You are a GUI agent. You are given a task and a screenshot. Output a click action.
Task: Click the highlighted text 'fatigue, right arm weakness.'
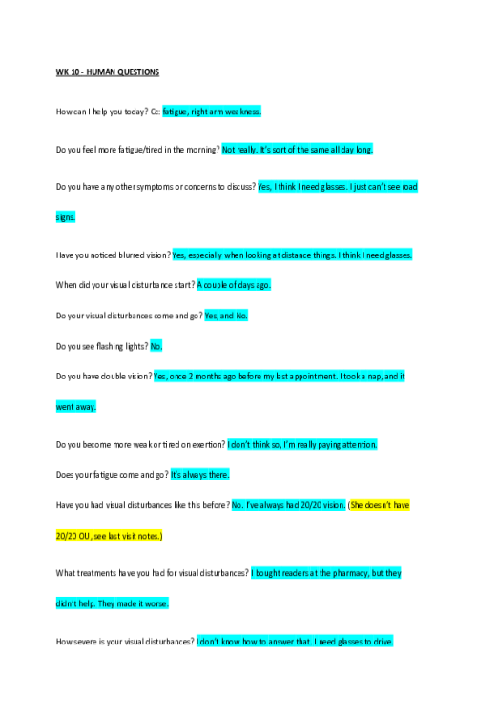click(211, 112)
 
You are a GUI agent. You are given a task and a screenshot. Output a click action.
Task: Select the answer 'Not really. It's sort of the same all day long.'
click(298, 149)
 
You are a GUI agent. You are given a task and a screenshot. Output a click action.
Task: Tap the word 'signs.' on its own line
click(65, 216)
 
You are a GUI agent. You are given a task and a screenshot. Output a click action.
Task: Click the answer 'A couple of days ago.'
click(234, 284)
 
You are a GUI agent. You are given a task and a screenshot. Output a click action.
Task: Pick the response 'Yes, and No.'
click(226, 315)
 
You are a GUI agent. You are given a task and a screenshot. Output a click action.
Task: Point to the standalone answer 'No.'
click(156, 345)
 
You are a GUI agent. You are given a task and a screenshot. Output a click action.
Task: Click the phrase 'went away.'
click(76, 406)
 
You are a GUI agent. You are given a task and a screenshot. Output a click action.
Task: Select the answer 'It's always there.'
click(199, 474)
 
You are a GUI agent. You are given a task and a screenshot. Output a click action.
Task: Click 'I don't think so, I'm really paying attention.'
click(301, 444)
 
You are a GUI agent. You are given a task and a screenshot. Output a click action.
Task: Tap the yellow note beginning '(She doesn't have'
click(379, 504)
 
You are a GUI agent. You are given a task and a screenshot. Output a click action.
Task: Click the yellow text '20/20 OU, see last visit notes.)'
click(109, 536)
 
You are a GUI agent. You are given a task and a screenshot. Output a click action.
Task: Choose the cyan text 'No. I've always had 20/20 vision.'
click(288, 504)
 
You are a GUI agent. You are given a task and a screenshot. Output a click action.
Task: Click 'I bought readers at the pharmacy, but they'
click(325, 572)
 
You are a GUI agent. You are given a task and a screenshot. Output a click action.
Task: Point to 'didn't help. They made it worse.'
click(112, 603)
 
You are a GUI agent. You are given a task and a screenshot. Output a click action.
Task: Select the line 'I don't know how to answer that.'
click(254, 642)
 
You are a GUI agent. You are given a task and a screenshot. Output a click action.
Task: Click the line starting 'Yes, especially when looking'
click(292, 255)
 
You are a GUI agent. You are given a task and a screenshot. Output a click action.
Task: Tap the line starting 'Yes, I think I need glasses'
click(338, 187)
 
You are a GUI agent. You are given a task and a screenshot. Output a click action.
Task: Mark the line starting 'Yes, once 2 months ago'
click(279, 376)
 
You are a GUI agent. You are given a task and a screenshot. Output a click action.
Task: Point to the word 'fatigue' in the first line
click(175, 112)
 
